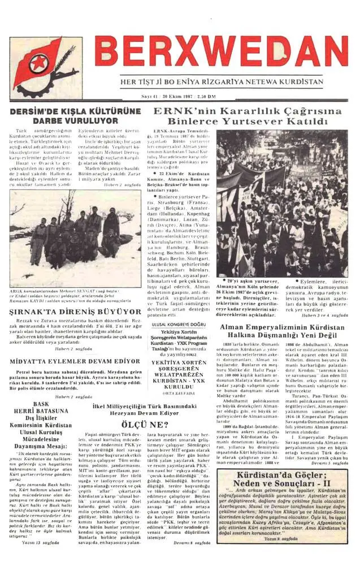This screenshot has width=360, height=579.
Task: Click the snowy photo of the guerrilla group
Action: pyautogui.click(x=75, y=238)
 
